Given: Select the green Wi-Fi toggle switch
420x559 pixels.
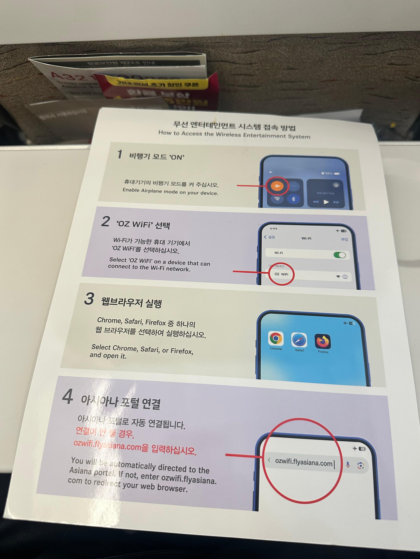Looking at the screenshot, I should (339, 255).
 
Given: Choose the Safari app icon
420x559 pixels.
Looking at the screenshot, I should (299, 340).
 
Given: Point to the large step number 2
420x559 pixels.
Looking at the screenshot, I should (105, 221).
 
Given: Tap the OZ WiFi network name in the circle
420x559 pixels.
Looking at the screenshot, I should (281, 274).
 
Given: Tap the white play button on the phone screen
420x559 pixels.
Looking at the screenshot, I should (326, 202).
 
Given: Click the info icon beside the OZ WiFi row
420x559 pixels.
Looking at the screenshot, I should (345, 277).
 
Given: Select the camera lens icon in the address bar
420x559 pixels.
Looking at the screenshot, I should (361, 466).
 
